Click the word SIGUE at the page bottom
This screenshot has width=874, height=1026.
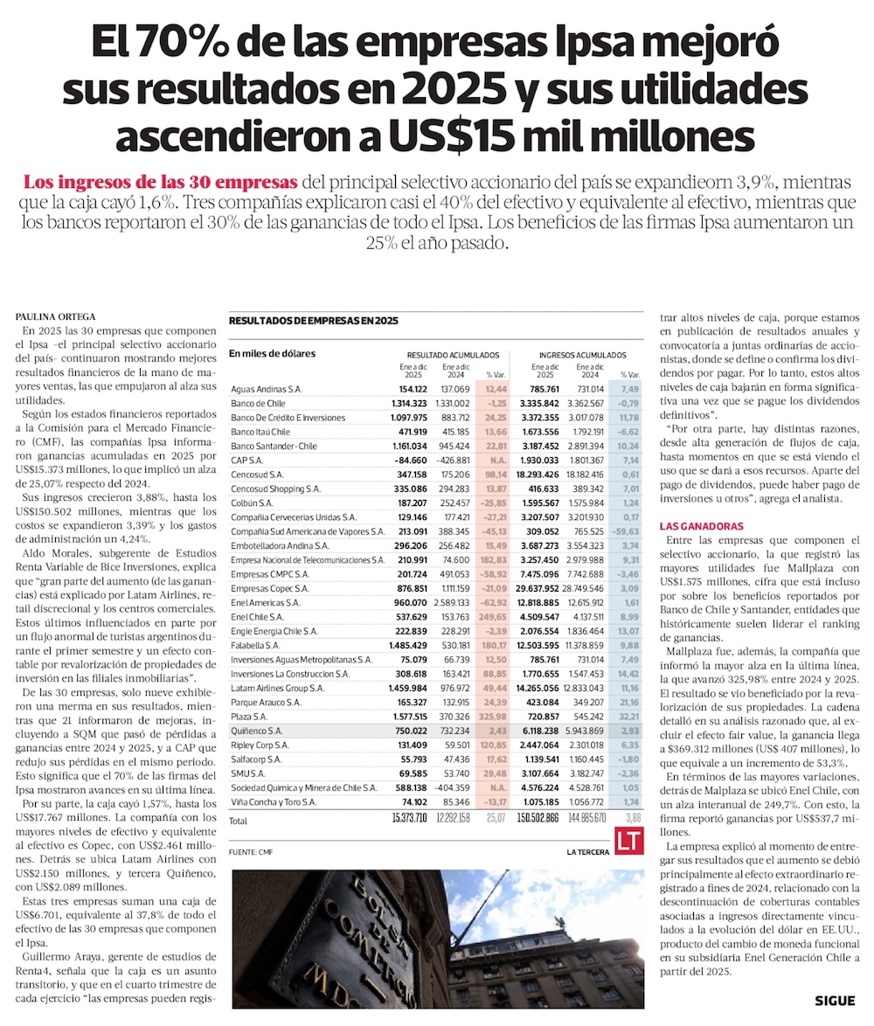coord(835,1002)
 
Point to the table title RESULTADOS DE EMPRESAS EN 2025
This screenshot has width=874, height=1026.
coord(313,321)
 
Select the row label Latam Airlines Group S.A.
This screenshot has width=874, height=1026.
coord(277,689)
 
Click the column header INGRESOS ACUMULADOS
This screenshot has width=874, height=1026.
coord(582,356)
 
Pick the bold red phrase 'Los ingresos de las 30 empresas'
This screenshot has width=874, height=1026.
coord(160,184)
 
